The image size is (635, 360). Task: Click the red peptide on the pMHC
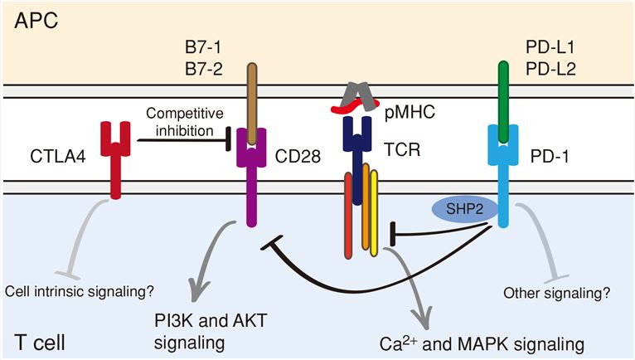[348, 106]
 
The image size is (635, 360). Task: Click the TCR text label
[404, 151]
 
